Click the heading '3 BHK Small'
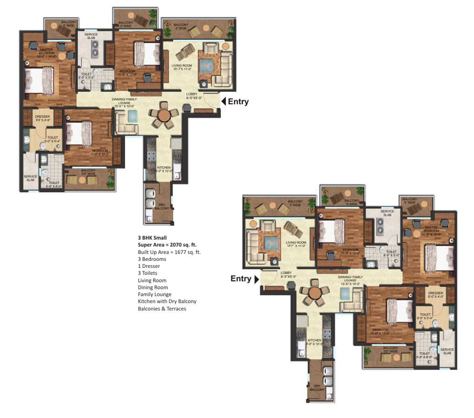tap(152, 238)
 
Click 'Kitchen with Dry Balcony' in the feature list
tap(167, 302)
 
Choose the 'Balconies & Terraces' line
tap(162, 308)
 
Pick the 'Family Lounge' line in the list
tap(154, 294)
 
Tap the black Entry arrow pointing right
tap(256, 279)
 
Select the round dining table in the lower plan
tap(314, 292)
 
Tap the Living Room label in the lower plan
tap(296, 244)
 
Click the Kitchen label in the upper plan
tap(164, 169)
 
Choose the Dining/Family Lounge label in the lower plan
tap(350, 278)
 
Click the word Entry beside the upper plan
tap(238, 102)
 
